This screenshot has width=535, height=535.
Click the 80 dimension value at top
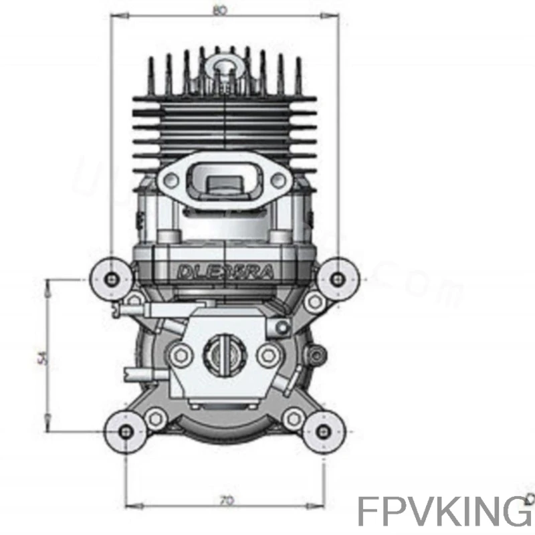pos(219,10)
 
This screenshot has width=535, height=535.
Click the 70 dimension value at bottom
pos(226,500)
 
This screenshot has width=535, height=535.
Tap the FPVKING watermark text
pos(444,512)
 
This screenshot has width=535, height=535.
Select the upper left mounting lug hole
pos(111,278)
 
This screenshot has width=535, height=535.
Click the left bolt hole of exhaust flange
pos(171,178)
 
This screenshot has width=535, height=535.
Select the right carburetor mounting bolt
pos(267,354)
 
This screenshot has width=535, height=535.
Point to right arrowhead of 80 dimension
pos(333,17)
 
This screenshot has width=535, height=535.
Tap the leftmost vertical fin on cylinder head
pos(151,74)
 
